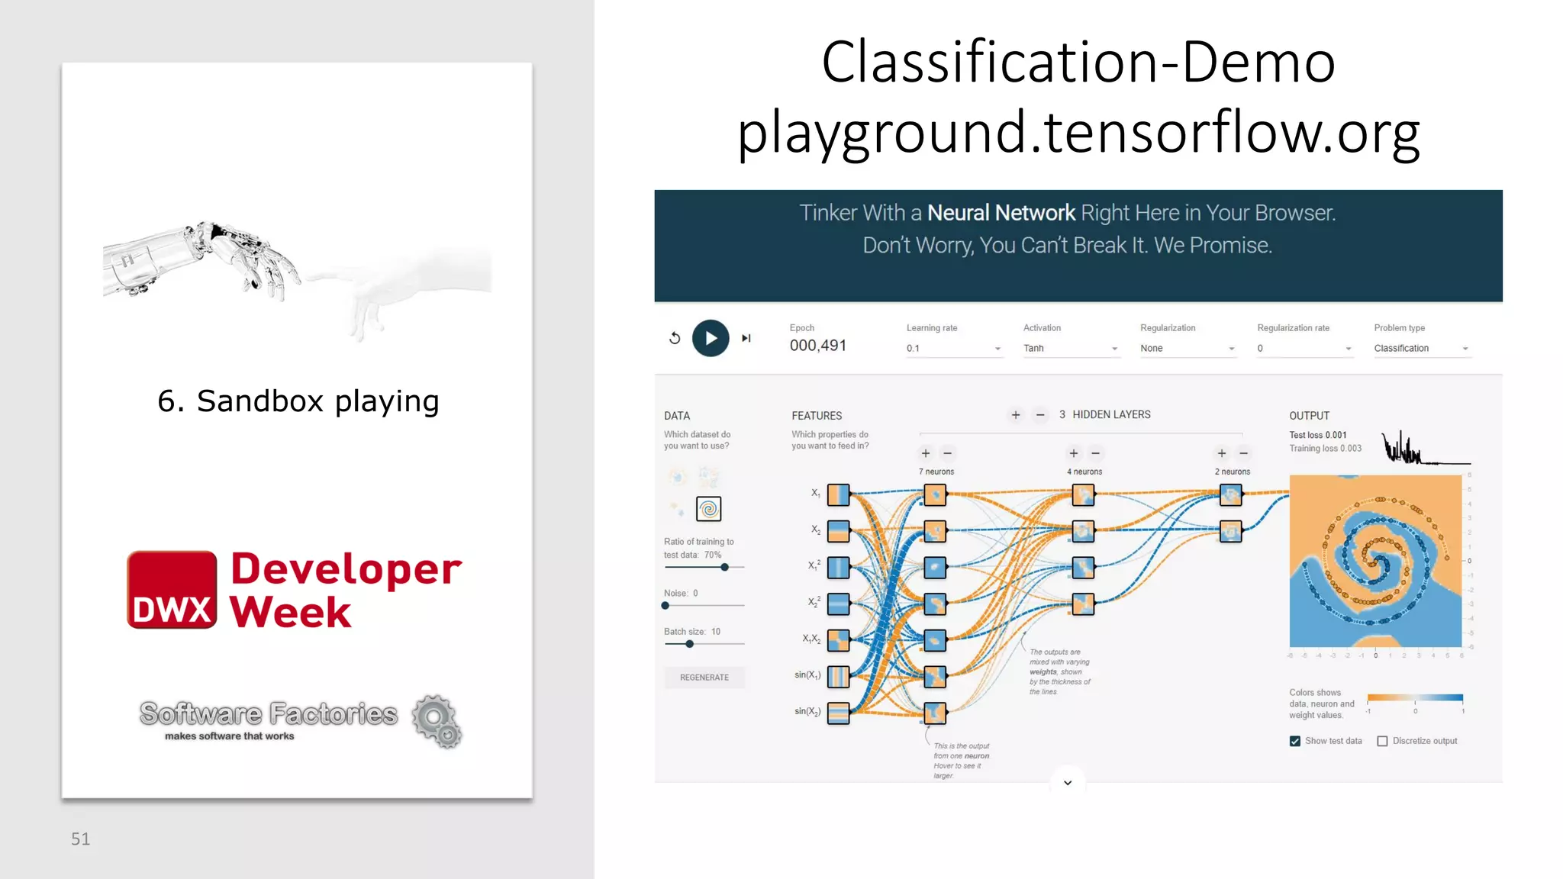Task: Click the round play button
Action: (710, 338)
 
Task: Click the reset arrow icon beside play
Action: (675, 338)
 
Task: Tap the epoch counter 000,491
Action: (817, 346)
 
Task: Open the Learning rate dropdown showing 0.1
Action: (953, 349)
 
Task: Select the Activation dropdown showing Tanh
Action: (1070, 349)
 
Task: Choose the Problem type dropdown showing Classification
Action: (1420, 349)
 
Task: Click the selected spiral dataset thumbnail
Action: (708, 509)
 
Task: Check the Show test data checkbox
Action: (1295, 741)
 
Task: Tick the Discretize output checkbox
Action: (1382, 741)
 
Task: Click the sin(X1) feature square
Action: (838, 677)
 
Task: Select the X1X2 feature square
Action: (838, 640)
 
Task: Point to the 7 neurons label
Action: (936, 472)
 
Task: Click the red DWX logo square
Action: (172, 590)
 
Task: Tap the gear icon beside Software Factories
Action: (437, 720)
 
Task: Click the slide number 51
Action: (80, 839)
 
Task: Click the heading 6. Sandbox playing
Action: (298, 401)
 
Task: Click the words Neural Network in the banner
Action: (1001, 213)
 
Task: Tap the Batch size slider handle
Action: (689, 644)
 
